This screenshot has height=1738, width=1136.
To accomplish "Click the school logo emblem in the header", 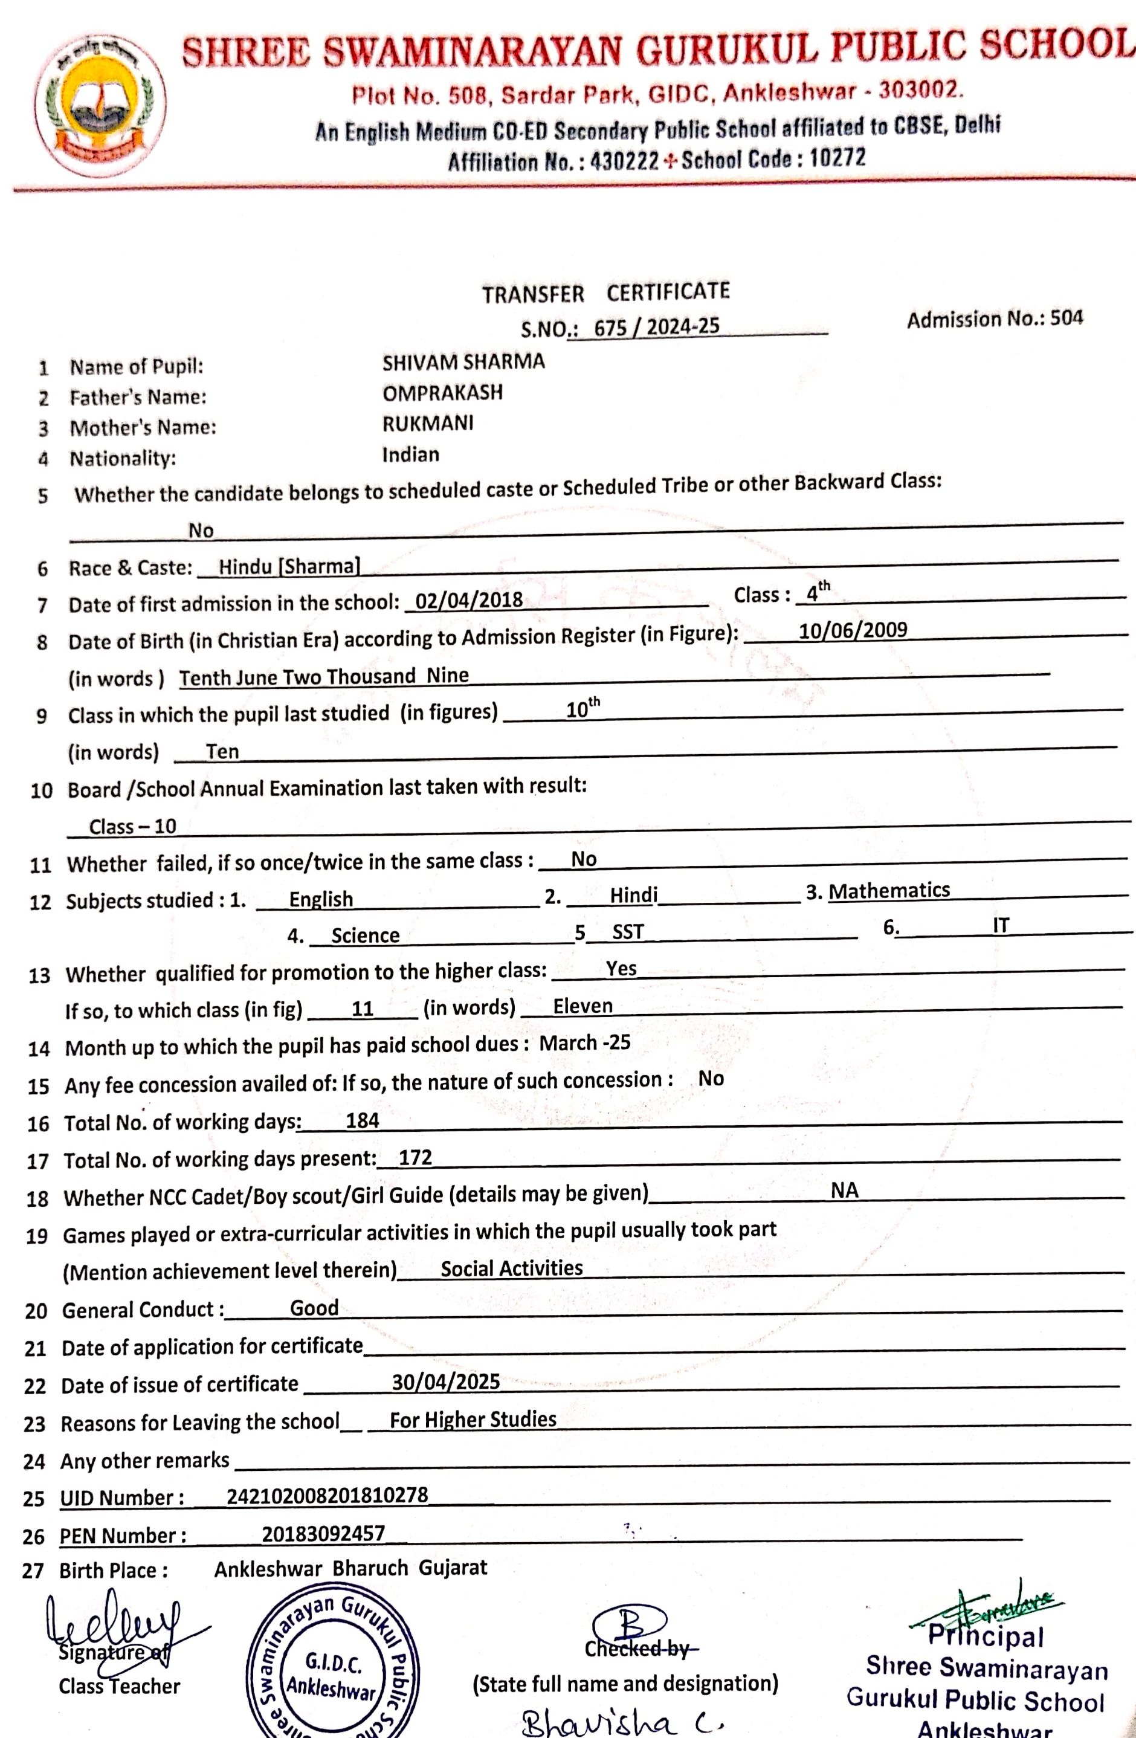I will tap(101, 108).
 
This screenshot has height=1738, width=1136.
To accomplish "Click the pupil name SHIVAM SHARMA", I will tap(463, 362).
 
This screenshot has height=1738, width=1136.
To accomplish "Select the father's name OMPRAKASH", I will tap(442, 393).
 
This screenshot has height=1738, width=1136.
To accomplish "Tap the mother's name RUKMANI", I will tap(428, 424).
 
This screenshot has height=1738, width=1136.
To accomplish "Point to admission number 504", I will tap(1067, 318).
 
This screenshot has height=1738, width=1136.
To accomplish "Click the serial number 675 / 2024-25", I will tap(656, 326).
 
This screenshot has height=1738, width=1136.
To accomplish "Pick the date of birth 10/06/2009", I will tap(853, 630).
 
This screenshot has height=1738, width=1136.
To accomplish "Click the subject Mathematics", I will tap(889, 891).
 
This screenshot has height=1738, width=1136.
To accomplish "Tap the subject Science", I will tap(365, 935).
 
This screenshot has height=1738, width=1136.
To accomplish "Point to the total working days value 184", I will tap(362, 1120).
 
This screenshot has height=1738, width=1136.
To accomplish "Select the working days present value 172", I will tap(415, 1157).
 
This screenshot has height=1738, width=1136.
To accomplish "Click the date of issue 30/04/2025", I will tap(445, 1381).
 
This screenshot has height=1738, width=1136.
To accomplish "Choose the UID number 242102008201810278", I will tap(327, 1495).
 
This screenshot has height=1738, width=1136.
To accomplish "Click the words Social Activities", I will tap(511, 1268).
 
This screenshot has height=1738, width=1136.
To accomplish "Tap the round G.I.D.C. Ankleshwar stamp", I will tap(333, 1672).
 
